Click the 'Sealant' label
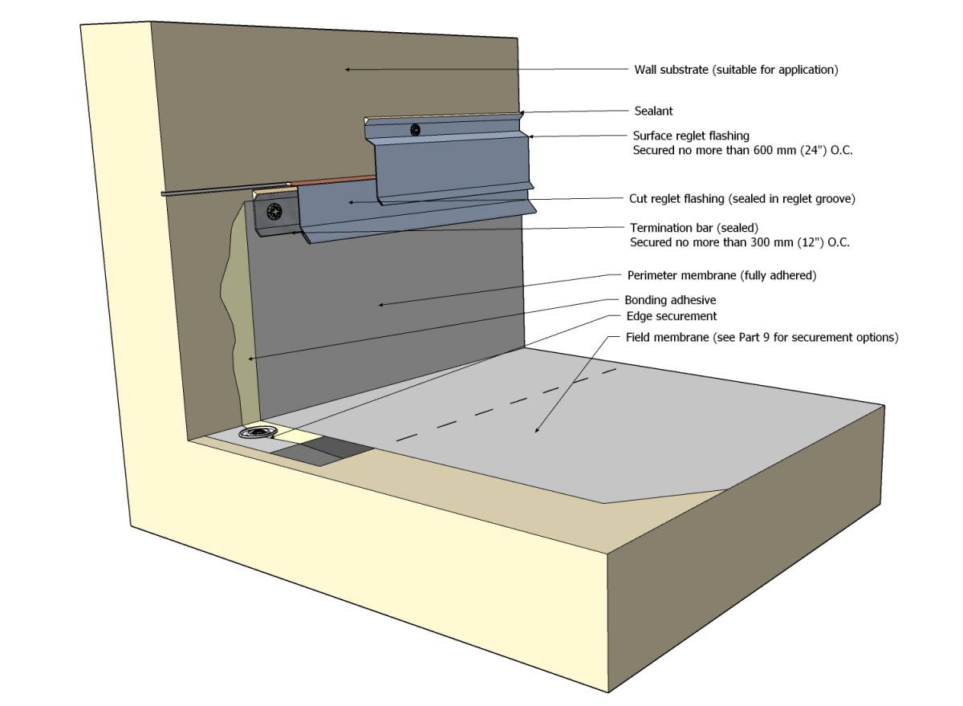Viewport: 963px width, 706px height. coord(652,111)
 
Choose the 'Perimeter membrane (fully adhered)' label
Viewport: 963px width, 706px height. coord(721,275)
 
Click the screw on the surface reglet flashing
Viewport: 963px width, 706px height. coord(415,129)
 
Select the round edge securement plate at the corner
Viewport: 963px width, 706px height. coord(257,433)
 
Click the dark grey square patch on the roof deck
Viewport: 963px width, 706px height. coord(321,451)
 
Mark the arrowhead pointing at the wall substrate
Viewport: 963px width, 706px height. coord(348,70)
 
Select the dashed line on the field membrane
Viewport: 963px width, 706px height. coord(506,404)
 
